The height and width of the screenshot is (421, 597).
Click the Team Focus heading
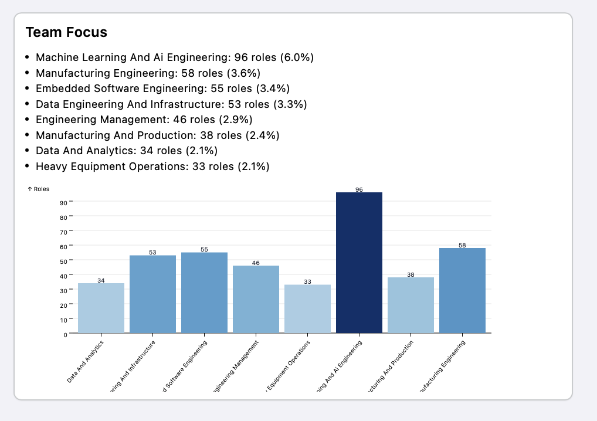66,32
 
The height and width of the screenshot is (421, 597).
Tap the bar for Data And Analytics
101,308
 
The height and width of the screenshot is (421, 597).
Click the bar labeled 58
462,290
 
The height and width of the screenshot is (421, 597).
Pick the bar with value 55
204,293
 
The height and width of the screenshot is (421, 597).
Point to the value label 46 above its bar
256,263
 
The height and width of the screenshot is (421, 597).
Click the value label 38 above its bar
411,274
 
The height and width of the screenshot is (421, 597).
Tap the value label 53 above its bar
152,252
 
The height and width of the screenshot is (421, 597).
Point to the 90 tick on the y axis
63,202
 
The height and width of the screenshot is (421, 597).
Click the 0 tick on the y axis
65,335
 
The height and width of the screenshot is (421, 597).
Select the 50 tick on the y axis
63,261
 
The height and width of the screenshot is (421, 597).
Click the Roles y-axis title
39,189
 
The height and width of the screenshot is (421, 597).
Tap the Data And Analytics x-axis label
86,362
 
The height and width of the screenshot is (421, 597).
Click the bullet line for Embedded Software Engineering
162,89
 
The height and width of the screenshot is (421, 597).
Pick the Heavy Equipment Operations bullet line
152,167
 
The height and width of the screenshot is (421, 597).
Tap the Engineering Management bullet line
144,120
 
